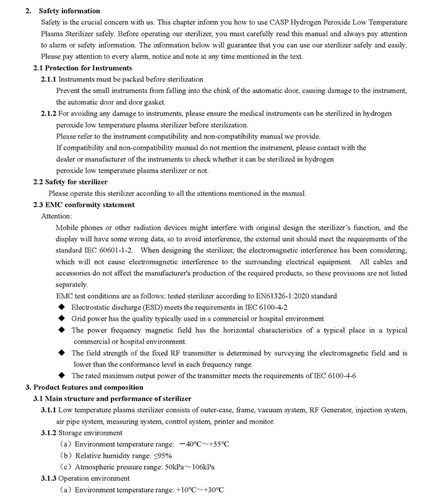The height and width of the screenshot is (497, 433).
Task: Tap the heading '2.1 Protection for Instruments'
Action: [x=82, y=67]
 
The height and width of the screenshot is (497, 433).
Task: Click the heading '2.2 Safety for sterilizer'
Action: [x=70, y=182]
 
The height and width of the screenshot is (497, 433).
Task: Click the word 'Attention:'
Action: [x=56, y=216]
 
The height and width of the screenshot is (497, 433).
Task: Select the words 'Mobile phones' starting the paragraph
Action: [x=77, y=227]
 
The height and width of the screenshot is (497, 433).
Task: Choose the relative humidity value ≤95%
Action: [x=163, y=455]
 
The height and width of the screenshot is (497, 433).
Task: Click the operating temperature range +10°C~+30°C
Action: [x=194, y=490]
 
